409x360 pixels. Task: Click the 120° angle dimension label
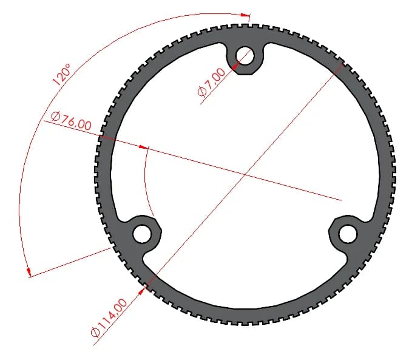(61, 75)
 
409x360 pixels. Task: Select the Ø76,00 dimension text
(71, 121)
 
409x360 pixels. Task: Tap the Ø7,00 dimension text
(211, 83)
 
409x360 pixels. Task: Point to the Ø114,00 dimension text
(109, 318)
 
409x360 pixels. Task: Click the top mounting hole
(245, 56)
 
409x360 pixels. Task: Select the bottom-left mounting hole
(142, 234)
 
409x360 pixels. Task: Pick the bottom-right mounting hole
(348, 234)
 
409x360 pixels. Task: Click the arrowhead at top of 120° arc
(245, 15)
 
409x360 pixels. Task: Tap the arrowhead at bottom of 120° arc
(30, 272)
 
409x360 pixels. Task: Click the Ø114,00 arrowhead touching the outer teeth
(141, 291)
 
